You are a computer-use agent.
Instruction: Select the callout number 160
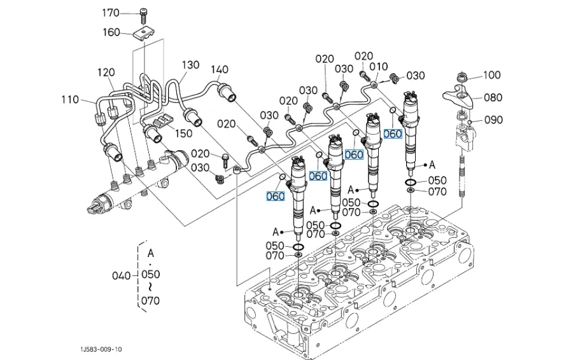click(111, 32)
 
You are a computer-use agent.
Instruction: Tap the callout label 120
click(106, 73)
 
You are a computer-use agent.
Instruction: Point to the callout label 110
click(70, 99)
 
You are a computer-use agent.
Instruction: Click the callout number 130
click(190, 65)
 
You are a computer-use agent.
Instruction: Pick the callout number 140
click(219, 69)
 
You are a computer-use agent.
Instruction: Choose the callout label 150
click(183, 133)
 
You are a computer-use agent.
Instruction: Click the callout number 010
click(379, 67)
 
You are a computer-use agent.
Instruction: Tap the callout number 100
click(491, 75)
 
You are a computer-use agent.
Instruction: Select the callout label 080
click(493, 97)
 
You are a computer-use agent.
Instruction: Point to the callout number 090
click(493, 120)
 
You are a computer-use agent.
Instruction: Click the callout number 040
click(121, 275)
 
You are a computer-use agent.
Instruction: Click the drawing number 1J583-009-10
click(102, 349)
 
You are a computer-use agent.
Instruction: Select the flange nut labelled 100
click(462, 78)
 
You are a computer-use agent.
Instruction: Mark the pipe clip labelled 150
click(164, 121)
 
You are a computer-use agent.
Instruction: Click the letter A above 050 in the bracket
click(150, 253)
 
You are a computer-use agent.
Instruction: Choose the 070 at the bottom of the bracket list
click(150, 300)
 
